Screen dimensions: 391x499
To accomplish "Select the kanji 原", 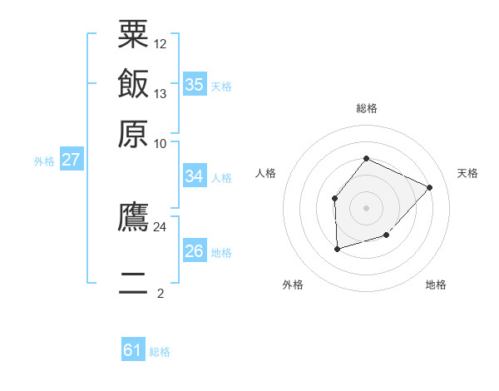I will click(x=133, y=133).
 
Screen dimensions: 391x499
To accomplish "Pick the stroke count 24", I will click(x=160, y=226).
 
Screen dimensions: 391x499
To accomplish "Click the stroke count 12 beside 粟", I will click(x=161, y=43).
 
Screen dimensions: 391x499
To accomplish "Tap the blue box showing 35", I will click(x=195, y=84).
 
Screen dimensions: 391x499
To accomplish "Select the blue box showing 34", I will click(x=195, y=176).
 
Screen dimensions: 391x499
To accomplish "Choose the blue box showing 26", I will click(x=195, y=251).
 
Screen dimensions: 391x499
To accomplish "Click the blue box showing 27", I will click(x=71, y=160).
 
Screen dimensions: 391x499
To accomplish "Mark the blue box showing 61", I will click(x=133, y=350).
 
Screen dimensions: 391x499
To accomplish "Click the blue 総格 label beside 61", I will click(x=160, y=352).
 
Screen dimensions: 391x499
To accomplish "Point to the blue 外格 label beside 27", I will click(x=44, y=161).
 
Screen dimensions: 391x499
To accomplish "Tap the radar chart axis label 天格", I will click(x=467, y=173).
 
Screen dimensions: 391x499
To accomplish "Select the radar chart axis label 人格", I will click(x=266, y=173).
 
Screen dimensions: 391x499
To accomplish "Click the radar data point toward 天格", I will click(x=429, y=187).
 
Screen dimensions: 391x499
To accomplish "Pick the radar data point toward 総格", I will click(x=366, y=159).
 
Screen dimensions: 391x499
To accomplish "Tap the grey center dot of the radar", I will click(x=366, y=207).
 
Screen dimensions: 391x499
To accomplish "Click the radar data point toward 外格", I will click(x=337, y=248).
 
